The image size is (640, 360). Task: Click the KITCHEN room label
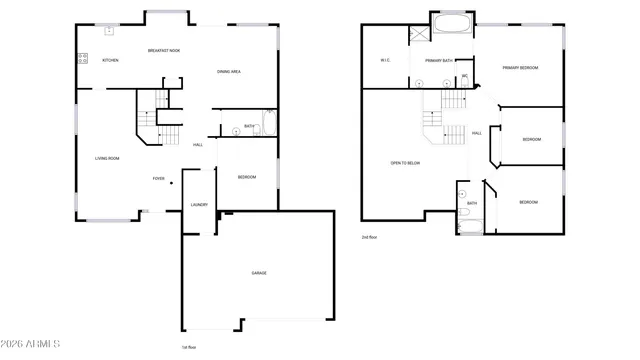110,61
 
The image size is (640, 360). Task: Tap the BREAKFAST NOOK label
164,50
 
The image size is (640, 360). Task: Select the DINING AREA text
231,71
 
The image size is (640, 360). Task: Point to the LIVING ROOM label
107,158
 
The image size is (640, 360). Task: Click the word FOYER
158,179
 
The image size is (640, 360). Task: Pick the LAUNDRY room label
199,205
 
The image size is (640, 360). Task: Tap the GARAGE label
258,272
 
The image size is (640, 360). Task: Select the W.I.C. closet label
385,61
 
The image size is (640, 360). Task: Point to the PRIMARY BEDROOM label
520,67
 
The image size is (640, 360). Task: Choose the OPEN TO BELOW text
405,162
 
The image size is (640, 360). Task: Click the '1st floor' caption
188,346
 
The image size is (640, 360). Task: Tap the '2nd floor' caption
370,237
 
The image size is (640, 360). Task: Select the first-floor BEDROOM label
246,177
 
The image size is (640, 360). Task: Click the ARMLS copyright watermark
31,345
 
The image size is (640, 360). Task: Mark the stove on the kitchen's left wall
81,57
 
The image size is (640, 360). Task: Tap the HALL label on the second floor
477,133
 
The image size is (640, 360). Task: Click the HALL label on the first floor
198,145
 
